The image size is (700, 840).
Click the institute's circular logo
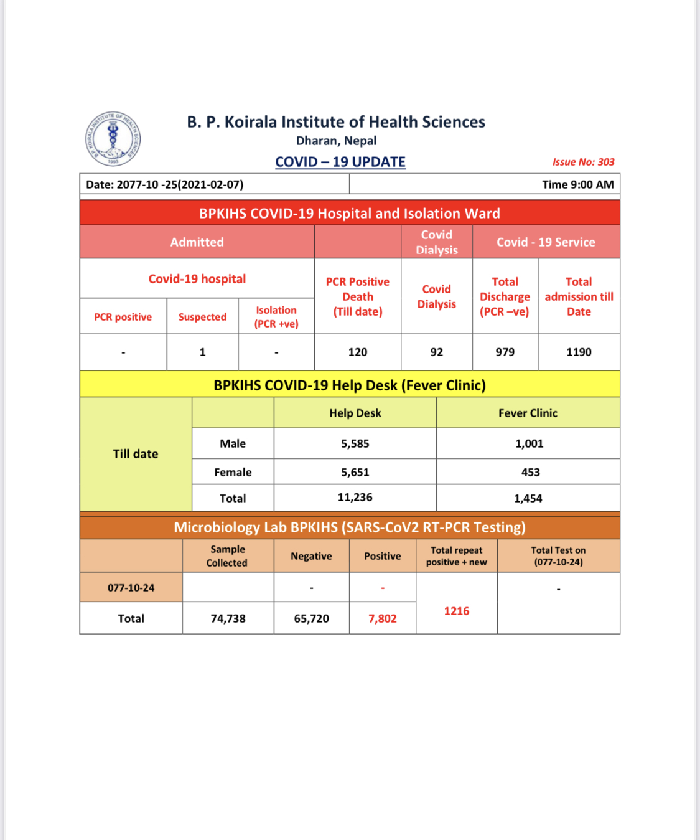113,139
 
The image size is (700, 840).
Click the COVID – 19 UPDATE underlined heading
340,162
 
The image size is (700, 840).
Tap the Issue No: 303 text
583,162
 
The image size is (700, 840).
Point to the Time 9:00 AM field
577,184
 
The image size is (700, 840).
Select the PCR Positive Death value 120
358,352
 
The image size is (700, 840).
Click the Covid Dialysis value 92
437,352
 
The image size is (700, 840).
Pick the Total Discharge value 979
505,352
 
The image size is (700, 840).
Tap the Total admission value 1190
579,352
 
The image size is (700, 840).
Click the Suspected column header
202,317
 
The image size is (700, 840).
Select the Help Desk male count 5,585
355,443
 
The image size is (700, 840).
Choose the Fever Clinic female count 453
530,472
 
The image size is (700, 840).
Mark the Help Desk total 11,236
355,498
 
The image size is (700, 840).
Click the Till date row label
136,454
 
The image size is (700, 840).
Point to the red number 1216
456,611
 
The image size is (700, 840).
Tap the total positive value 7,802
382,618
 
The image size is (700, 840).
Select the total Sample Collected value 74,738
228,618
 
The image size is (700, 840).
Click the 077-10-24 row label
131,588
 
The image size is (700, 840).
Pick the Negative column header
311,556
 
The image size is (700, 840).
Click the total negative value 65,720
311,618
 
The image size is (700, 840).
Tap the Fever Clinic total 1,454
528,498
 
